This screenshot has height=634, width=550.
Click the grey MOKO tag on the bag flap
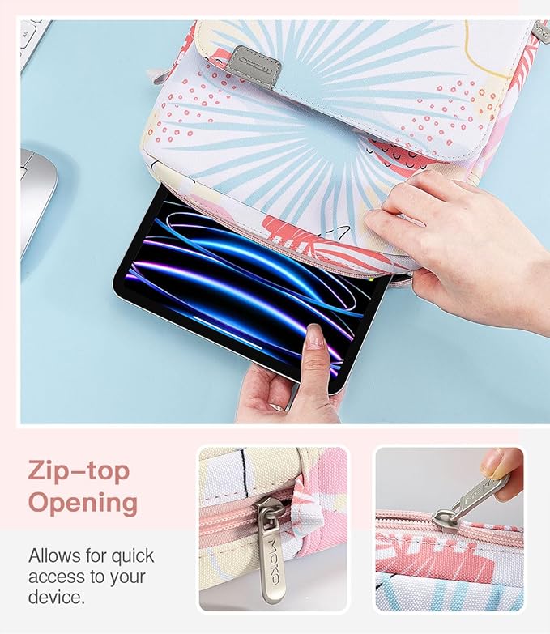258,66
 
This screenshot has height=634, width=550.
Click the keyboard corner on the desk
34,42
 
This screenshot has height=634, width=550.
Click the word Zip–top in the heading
79,472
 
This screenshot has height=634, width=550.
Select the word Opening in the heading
83,503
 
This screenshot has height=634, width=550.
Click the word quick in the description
132,557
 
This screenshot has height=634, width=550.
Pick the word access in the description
53,577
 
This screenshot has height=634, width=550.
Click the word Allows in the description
53,555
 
